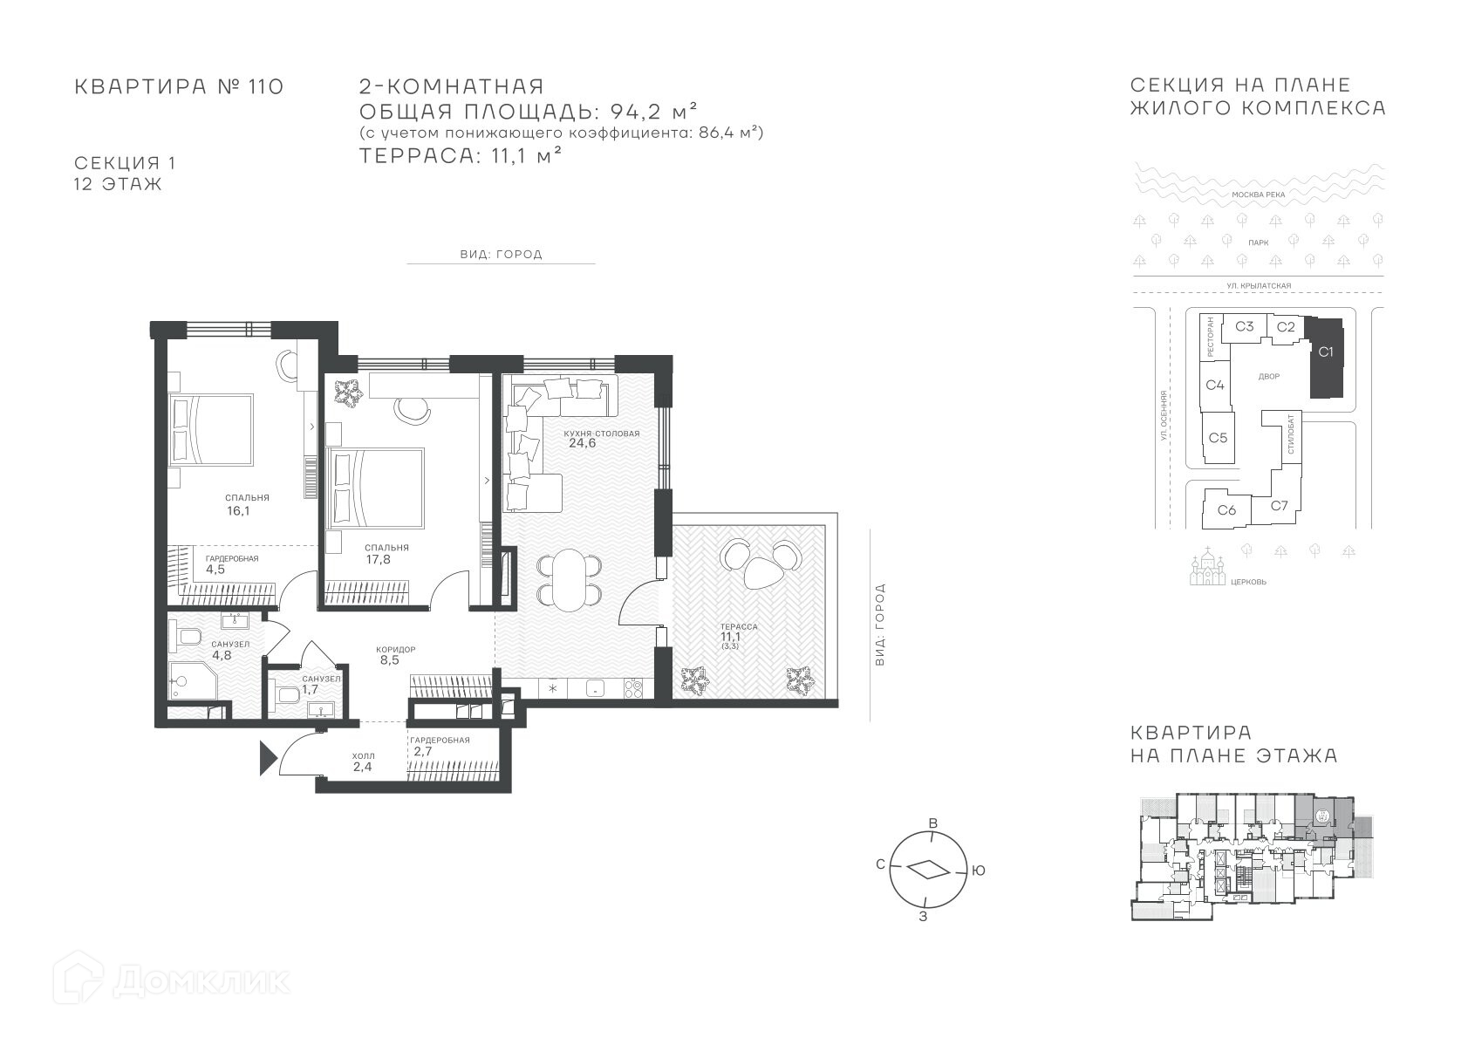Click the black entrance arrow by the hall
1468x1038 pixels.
[x=268, y=758]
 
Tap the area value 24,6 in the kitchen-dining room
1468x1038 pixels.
[x=582, y=443]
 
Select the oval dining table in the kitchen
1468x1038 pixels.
[x=568, y=579]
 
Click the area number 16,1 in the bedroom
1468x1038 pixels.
[x=238, y=511]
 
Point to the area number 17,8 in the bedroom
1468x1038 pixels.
[x=379, y=560]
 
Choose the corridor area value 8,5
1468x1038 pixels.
[x=389, y=660]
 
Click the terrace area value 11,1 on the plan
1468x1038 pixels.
[x=731, y=637]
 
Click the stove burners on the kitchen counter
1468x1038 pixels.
[x=633, y=688]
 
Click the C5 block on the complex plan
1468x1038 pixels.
[x=1218, y=438]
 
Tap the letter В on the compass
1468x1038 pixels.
[x=933, y=823]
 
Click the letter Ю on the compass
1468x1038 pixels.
[x=978, y=871]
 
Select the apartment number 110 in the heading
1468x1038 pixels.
[x=265, y=86]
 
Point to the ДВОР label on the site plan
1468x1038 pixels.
[x=1269, y=377]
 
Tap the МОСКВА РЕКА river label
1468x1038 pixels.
[x=1259, y=195]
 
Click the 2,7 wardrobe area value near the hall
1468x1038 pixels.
[x=423, y=752]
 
